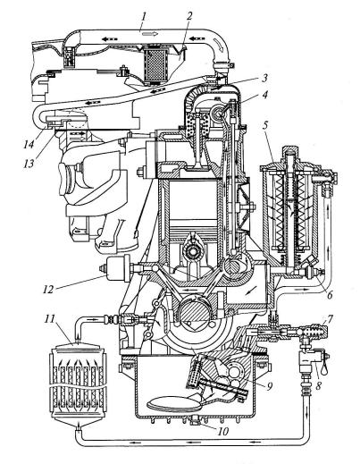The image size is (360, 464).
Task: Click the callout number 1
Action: tap(144, 16)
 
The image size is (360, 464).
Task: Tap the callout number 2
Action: tap(188, 16)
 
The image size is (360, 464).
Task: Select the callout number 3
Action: tap(264, 79)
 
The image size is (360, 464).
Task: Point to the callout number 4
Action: tap(264, 95)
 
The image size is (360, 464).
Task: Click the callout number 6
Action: tap(329, 294)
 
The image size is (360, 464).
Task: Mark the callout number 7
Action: tap(329, 320)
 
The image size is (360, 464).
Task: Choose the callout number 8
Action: tap(318, 386)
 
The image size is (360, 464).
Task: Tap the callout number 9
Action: tap(269, 386)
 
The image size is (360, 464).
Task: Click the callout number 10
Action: tap(222, 431)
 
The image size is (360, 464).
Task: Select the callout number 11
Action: tap(50, 319)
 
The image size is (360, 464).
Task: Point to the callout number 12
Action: tap(47, 289)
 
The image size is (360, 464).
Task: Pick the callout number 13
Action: tap(29, 163)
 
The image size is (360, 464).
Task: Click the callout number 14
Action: tap(29, 145)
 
